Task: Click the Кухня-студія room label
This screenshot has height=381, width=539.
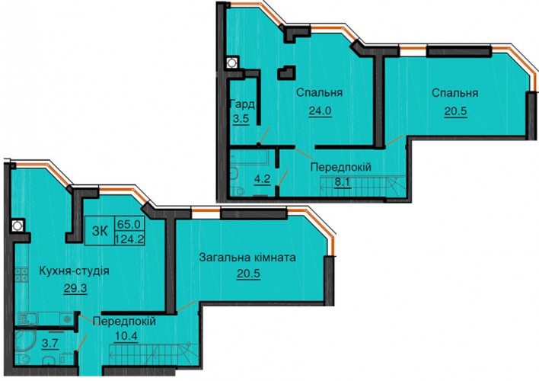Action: pyautogui.click(x=75, y=271)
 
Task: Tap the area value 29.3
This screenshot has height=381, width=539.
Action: pyautogui.click(x=75, y=289)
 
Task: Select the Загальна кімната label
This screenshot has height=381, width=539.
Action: pyautogui.click(x=247, y=257)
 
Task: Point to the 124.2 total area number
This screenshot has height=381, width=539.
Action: pyautogui.click(x=129, y=239)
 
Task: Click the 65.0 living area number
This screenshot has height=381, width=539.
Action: pyautogui.click(x=129, y=224)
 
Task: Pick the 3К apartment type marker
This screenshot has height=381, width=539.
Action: pyautogui.click(x=100, y=231)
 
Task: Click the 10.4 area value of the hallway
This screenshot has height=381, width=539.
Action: pyautogui.click(x=126, y=335)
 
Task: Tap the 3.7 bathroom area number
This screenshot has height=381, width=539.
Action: pyautogui.click(x=50, y=344)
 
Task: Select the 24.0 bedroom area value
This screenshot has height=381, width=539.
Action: pyautogui.click(x=320, y=111)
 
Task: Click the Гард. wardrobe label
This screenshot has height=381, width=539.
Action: pyautogui.click(x=243, y=104)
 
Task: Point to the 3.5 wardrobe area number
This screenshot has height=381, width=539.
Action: pyautogui.click(x=241, y=119)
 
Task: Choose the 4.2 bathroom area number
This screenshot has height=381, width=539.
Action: pyautogui.click(x=263, y=180)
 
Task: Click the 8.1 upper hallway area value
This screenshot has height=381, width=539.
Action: pyautogui.click(x=343, y=181)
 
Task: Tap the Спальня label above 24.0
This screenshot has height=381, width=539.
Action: pyautogui.click(x=319, y=92)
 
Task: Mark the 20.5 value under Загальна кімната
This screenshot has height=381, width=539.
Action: pyautogui.click(x=248, y=274)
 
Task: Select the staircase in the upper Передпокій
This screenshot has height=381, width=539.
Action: pyautogui.click(x=363, y=187)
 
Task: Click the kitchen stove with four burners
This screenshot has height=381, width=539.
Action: pyautogui.click(x=21, y=275)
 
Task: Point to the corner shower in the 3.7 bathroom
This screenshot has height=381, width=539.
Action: pyautogui.click(x=25, y=341)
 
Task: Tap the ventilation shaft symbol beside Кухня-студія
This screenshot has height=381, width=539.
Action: pyautogui.click(x=18, y=226)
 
